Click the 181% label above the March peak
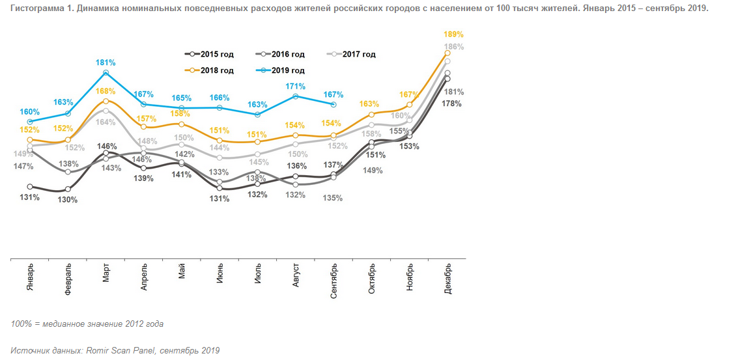106,62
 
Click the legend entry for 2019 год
281,70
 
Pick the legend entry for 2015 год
209,55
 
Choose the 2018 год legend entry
209,70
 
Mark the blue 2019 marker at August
296,96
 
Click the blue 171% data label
296,86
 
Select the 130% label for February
68,200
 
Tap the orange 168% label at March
106,91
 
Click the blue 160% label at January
30,111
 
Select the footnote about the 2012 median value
87,324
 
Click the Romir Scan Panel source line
115,350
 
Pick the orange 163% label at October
369,104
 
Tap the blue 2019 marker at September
334,104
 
